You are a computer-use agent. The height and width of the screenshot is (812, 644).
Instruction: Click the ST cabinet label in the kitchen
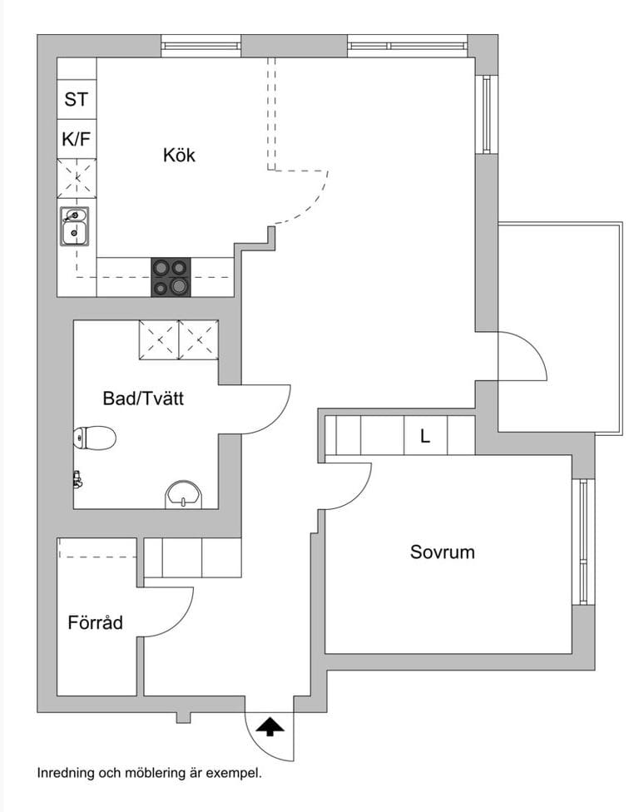[x=77, y=99]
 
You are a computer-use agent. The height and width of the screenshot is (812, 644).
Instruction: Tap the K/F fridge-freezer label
[x=77, y=139]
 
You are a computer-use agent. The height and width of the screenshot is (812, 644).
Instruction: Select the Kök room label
[x=179, y=155]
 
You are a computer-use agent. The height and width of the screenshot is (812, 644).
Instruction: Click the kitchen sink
[x=75, y=226]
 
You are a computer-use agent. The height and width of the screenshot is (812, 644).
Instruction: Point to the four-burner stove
[x=171, y=277]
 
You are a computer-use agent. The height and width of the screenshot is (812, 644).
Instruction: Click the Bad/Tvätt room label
[x=143, y=399]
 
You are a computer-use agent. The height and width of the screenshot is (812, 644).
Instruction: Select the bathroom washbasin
[x=184, y=494]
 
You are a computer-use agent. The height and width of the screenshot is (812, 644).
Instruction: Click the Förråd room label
[x=96, y=622]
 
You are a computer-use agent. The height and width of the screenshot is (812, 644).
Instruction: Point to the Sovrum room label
[x=443, y=552]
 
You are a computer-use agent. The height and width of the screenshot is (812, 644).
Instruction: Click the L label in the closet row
[x=425, y=437]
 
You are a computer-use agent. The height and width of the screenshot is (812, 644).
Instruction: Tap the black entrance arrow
[x=270, y=726]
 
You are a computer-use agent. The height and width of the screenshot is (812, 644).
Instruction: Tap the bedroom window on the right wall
[x=583, y=542]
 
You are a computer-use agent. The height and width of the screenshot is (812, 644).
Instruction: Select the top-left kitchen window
[x=201, y=46]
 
